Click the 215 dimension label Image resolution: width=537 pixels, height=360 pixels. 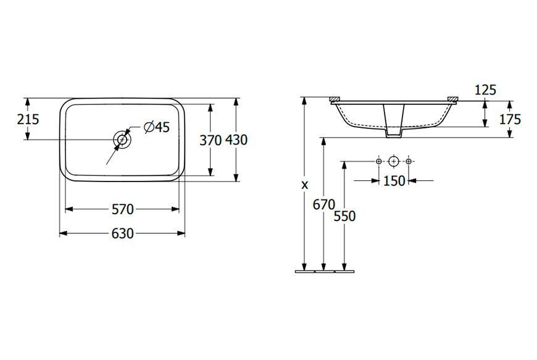(x=28, y=119)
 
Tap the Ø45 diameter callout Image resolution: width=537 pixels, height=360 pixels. (x=157, y=127)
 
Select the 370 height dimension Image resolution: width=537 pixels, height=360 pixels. (x=210, y=140)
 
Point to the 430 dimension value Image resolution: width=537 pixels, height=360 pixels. (x=236, y=140)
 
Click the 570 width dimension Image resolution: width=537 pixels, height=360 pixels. (x=122, y=209)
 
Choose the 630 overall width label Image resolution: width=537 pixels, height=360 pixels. (x=122, y=233)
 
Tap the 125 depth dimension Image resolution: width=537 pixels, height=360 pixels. (x=485, y=90)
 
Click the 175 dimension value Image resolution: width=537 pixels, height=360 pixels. (x=510, y=119)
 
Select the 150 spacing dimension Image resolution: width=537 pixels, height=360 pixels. (x=394, y=181)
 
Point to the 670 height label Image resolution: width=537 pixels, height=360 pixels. (x=323, y=205)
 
